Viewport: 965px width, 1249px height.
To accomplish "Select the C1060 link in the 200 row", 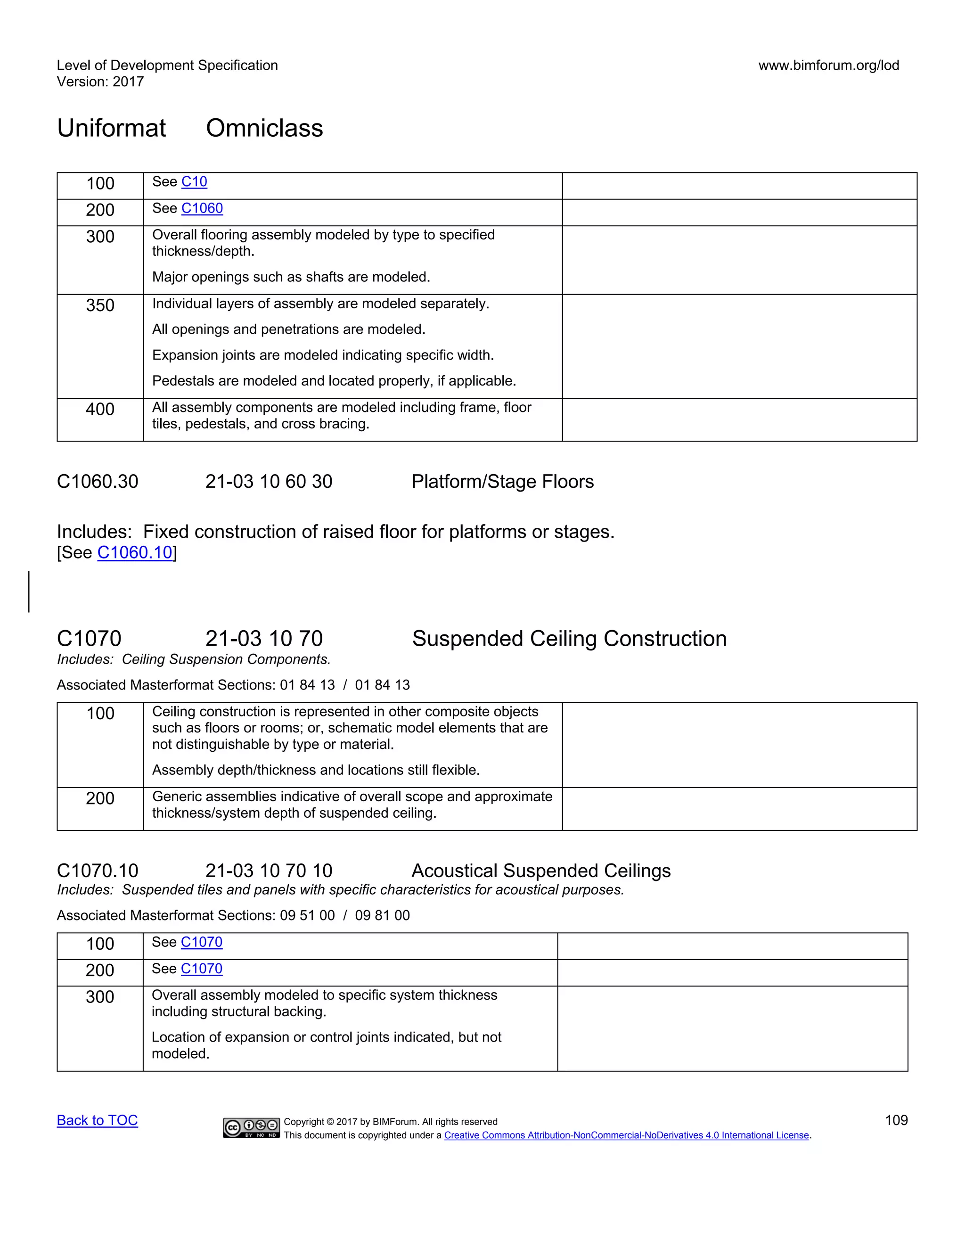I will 202,208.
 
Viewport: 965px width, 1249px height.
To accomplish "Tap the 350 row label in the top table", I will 100,305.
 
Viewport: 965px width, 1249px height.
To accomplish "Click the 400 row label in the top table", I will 100,410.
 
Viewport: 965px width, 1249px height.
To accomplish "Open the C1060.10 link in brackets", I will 135,552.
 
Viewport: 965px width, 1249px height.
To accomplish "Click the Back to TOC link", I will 97,1120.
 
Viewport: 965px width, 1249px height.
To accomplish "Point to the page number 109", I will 896,1120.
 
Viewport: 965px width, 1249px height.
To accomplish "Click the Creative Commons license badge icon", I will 252,1128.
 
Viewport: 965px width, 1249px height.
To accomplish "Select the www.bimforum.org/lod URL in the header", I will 828,65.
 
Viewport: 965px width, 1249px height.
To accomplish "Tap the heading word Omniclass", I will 264,128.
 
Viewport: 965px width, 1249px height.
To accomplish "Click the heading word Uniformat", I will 112,128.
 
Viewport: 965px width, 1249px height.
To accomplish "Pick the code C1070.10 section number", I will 97,871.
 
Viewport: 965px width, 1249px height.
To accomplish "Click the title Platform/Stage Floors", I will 502,482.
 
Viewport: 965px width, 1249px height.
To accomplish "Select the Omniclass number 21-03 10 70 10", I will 269,871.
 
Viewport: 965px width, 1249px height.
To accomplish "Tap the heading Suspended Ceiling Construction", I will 569,639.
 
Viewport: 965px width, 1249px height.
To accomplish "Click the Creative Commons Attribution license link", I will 627,1135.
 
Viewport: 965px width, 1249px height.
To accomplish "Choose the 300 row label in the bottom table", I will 100,997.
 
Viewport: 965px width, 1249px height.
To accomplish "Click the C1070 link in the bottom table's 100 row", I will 201,942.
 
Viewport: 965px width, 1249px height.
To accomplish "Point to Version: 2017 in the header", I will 100,82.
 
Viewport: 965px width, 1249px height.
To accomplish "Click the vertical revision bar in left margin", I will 29,592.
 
